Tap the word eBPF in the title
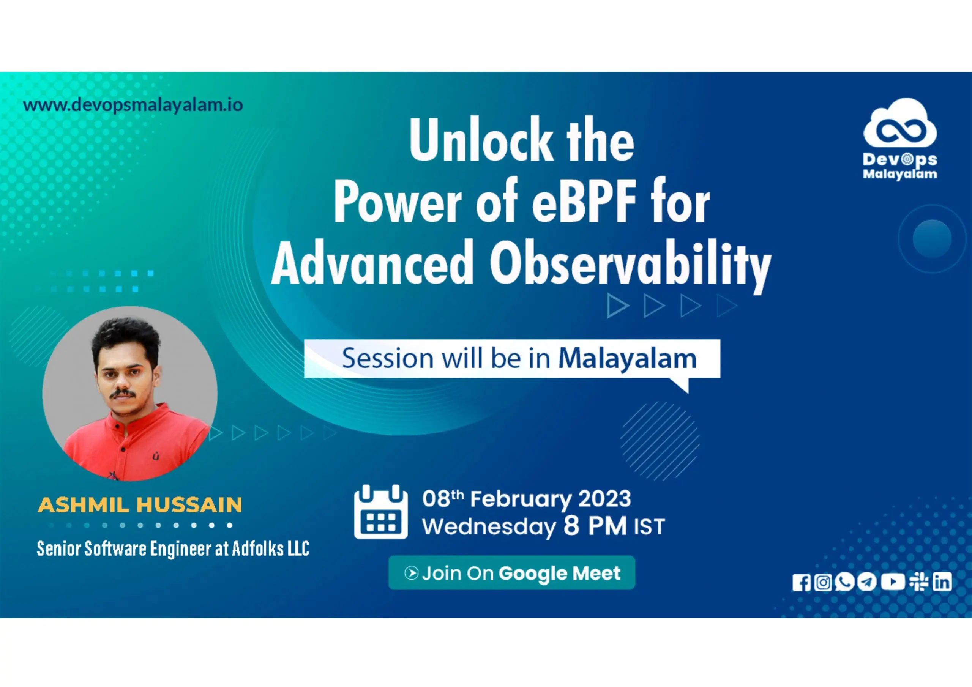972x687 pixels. click(584, 202)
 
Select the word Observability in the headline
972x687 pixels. click(631, 265)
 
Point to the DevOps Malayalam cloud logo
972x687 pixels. click(900, 139)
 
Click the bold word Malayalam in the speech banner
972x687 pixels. click(627, 359)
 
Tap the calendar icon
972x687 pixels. click(380, 512)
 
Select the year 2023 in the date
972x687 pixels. click(604, 498)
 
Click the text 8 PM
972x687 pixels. click(595, 526)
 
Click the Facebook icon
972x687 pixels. click(801, 583)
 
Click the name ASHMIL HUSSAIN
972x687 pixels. click(140, 505)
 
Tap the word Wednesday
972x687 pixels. click(489, 527)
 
